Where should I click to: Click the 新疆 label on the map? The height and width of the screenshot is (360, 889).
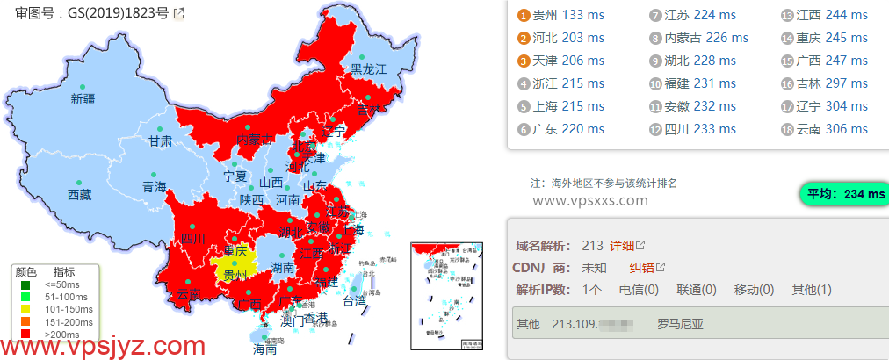(x=83, y=99)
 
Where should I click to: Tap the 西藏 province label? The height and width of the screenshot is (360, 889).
(x=79, y=195)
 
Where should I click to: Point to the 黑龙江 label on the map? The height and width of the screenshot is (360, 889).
(x=369, y=68)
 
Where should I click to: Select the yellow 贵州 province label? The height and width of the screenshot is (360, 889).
(x=235, y=275)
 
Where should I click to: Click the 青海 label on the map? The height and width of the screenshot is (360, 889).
(x=154, y=186)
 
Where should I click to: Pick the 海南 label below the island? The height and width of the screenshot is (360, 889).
(x=264, y=349)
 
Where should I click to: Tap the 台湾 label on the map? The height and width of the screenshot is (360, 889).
(x=354, y=301)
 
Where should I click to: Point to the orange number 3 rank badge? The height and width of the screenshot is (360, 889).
(x=524, y=61)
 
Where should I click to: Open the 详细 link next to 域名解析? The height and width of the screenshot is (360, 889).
(x=622, y=245)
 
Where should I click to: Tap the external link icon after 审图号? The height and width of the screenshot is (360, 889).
(x=179, y=13)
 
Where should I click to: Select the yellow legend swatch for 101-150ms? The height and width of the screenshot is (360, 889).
(x=25, y=309)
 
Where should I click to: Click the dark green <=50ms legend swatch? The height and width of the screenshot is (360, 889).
(x=25, y=284)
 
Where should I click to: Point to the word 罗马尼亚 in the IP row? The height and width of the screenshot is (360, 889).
(x=680, y=324)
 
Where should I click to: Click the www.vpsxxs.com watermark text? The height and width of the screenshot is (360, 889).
(x=589, y=200)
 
